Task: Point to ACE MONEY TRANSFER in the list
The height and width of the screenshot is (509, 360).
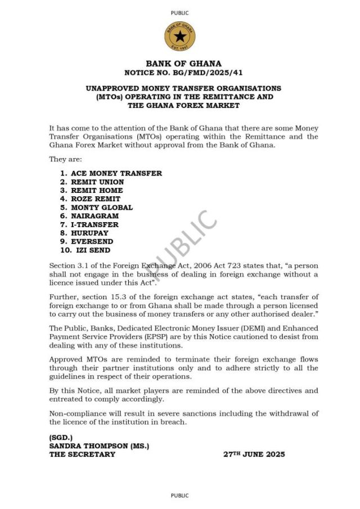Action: (x=116, y=173)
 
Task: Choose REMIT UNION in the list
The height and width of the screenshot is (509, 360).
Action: (x=97, y=182)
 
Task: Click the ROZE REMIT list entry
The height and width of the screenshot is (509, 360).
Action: (x=95, y=199)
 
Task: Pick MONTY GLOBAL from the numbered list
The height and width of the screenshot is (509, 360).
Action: (x=102, y=207)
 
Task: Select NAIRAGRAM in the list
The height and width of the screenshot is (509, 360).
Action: (x=94, y=215)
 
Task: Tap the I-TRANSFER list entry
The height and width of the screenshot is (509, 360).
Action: (x=94, y=224)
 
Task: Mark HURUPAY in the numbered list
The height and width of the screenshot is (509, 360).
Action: (x=89, y=232)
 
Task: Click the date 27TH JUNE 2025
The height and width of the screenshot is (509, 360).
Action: (x=254, y=454)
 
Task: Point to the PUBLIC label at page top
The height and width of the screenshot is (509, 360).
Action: (x=180, y=13)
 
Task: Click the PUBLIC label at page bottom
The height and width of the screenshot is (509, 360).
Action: (x=180, y=496)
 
